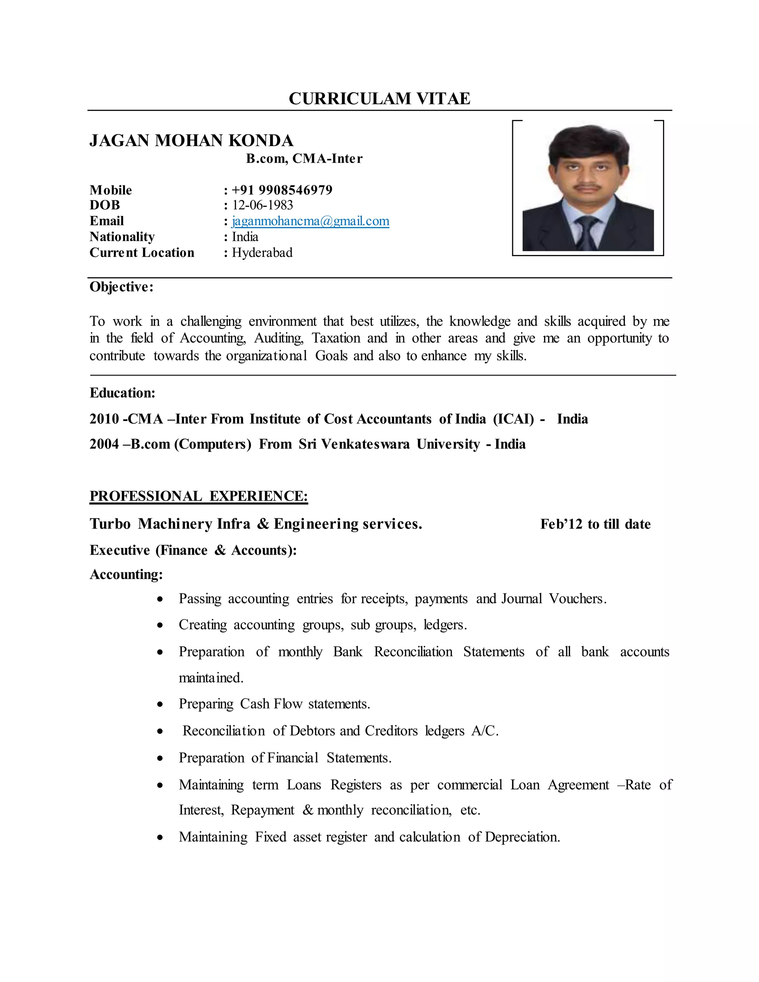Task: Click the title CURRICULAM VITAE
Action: tap(379, 99)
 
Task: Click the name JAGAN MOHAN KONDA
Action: tap(191, 141)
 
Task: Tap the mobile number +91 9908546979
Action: tap(282, 190)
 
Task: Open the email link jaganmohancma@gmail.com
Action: tap(310, 221)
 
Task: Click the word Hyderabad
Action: tap(262, 252)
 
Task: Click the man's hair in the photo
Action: tap(587, 142)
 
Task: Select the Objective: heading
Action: tap(122, 286)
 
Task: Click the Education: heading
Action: tap(122, 392)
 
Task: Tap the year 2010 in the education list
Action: tap(104, 419)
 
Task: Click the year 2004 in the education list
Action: tap(104, 444)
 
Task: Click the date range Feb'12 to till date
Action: tap(595, 524)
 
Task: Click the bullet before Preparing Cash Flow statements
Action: tap(160, 704)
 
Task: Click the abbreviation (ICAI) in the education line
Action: tap(513, 419)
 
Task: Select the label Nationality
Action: tap(122, 236)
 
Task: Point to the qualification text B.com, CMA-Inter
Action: tap(304, 158)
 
